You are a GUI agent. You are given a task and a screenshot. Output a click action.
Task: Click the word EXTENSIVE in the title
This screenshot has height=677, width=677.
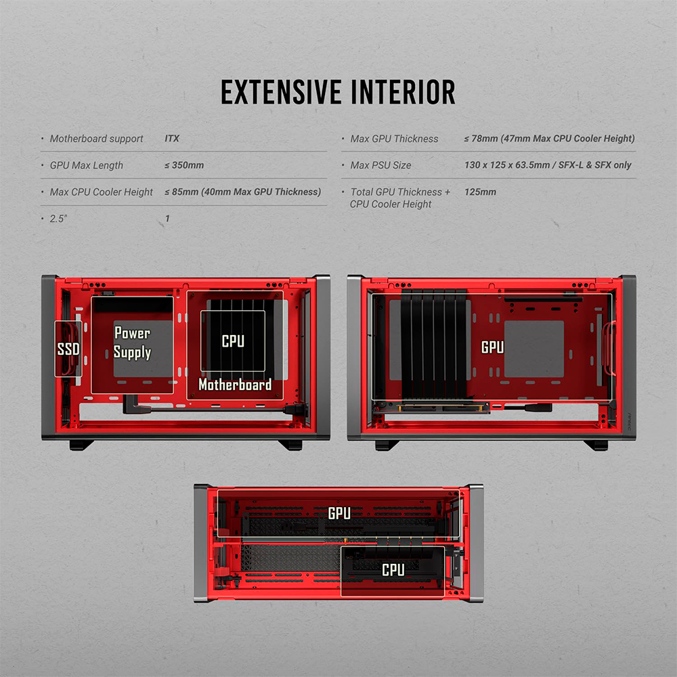[x=281, y=92]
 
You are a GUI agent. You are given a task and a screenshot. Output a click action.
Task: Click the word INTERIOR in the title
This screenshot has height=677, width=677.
[x=403, y=92]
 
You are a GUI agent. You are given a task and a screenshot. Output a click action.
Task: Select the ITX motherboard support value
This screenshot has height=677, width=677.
[x=172, y=139]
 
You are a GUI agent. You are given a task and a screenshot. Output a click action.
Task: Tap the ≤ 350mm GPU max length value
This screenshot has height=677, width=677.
[x=184, y=165]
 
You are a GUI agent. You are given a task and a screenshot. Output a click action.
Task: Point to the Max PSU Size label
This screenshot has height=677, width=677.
[x=380, y=165]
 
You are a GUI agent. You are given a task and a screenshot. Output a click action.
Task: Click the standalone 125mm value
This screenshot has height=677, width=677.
[x=480, y=192]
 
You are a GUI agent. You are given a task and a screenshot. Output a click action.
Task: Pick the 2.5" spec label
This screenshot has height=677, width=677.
[x=58, y=219]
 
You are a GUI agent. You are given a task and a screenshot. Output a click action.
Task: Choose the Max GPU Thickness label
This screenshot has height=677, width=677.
[x=394, y=139]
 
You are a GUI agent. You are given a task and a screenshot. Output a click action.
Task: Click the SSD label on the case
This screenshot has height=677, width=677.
[x=68, y=349]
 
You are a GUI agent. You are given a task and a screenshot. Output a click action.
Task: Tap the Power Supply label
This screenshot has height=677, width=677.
[x=132, y=343]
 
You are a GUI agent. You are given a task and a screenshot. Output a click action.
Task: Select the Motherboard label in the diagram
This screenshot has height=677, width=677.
[x=235, y=385]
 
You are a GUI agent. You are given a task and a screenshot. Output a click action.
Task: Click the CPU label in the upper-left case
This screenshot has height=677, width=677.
[x=233, y=341]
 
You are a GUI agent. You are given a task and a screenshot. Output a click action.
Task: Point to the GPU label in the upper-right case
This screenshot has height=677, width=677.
[x=493, y=347]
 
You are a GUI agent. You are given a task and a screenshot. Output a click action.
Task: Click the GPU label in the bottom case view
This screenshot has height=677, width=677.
[x=339, y=513]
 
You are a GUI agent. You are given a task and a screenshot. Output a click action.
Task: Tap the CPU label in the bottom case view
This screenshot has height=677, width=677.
[x=393, y=570]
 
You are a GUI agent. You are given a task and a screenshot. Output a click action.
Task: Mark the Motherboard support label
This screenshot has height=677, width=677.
[x=96, y=139]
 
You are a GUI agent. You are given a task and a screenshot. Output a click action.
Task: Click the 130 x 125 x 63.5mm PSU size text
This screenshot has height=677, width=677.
[x=507, y=165]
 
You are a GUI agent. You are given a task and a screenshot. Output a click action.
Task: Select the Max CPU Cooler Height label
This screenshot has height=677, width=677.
[x=101, y=192]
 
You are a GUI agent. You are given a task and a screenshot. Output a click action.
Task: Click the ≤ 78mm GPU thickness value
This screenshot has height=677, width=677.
[x=481, y=139]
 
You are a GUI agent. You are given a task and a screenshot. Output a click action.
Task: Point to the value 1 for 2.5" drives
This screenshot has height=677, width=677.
[x=167, y=219]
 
